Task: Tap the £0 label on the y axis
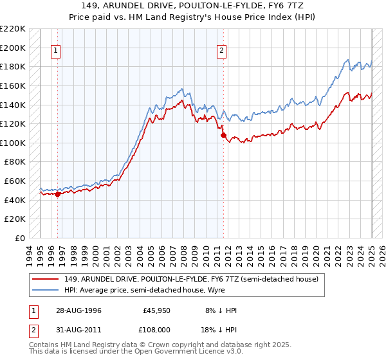point(20,238)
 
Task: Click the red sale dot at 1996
point(57,194)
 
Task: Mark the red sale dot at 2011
point(223,136)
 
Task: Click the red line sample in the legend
point(46,280)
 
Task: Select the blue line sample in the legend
point(46,291)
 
